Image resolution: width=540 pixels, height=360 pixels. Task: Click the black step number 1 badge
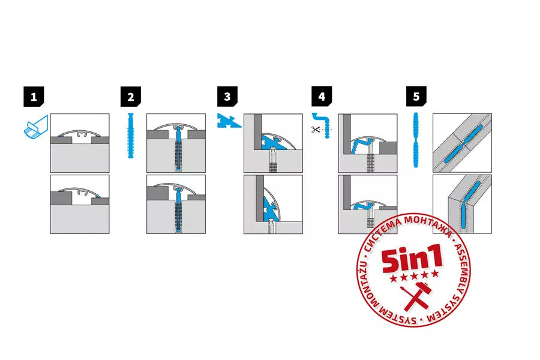(x=34, y=97)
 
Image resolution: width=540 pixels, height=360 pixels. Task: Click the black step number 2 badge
(x=131, y=97)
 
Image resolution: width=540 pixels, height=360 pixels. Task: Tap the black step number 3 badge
(x=227, y=97)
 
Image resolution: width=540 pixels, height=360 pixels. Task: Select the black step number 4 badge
(x=322, y=97)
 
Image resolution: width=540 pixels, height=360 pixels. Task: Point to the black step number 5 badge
(x=416, y=97)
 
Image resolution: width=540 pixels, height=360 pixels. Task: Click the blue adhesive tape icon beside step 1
(x=36, y=127)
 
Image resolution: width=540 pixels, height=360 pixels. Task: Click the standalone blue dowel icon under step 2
(x=131, y=136)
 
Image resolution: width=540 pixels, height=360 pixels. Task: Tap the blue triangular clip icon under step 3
(x=228, y=122)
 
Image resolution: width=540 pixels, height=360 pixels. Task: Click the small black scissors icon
(x=316, y=130)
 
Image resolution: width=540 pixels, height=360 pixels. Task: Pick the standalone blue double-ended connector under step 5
(x=416, y=140)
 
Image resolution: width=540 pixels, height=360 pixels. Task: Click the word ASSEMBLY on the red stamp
(x=461, y=266)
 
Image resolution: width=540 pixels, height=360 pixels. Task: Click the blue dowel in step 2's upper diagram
(x=178, y=148)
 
